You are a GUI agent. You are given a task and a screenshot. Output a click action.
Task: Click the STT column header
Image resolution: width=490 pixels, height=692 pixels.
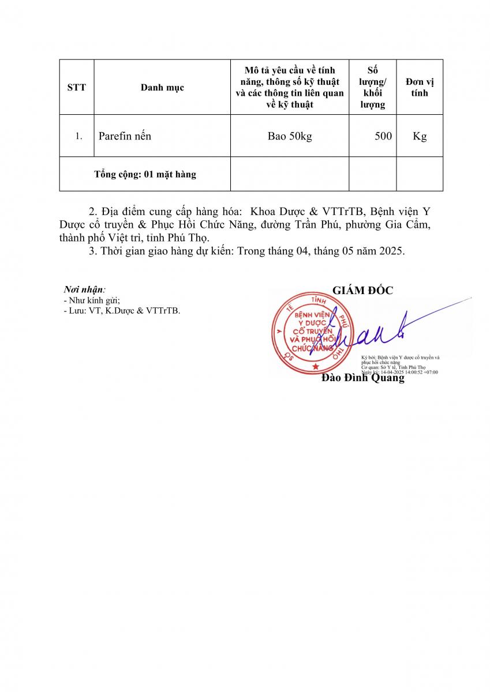tap(76, 88)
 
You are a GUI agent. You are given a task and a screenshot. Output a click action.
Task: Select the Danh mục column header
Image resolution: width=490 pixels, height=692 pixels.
tap(162, 88)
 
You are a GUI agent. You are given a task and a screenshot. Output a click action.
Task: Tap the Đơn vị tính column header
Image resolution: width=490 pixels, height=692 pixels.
tap(420, 87)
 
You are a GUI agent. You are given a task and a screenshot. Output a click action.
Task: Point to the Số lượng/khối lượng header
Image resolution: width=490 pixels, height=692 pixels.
tap(372, 88)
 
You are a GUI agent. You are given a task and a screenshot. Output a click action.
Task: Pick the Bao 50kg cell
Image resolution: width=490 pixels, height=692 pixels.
tap(289, 137)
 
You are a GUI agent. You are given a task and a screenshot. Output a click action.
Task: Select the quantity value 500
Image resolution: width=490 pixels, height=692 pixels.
tap(383, 137)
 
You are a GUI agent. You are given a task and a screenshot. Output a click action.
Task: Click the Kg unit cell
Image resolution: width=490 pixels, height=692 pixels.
tap(420, 137)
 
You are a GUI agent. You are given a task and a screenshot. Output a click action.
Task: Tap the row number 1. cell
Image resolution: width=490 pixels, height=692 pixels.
tap(79, 137)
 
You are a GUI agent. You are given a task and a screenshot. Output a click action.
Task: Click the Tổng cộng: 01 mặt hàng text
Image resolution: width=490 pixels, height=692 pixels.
tap(145, 174)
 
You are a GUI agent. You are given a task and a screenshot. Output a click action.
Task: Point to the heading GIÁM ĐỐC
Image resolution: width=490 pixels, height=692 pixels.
tap(362, 291)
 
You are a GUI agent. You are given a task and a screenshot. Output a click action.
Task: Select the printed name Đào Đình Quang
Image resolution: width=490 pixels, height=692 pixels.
tap(362, 379)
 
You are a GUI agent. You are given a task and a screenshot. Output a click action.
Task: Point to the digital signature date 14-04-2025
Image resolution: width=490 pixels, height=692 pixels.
tap(392, 373)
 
